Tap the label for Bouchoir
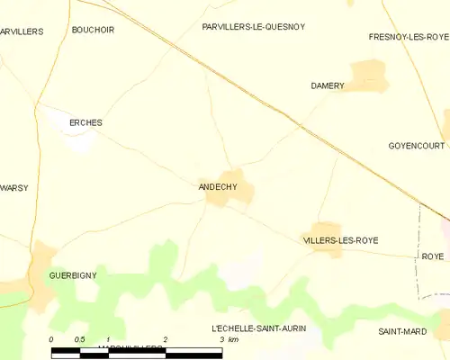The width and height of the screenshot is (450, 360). coord(93,30)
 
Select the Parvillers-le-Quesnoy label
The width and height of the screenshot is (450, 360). coord(253,27)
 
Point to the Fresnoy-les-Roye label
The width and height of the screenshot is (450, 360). coord(409,37)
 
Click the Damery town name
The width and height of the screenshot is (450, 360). coord(328,85)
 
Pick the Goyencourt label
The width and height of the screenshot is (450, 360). coord(418,145)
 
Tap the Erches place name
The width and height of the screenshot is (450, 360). coord(86,122)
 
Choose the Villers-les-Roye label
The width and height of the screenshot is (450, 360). coord(340,240)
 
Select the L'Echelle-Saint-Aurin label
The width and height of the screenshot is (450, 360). coord(258,328)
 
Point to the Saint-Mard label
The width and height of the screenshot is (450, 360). coord(402,331)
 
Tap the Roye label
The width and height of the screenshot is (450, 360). coord(433,256)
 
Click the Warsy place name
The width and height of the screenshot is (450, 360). coord(13,187)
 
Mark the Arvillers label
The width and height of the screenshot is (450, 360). coord(21,31)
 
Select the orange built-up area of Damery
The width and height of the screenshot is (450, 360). coord(367,75)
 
